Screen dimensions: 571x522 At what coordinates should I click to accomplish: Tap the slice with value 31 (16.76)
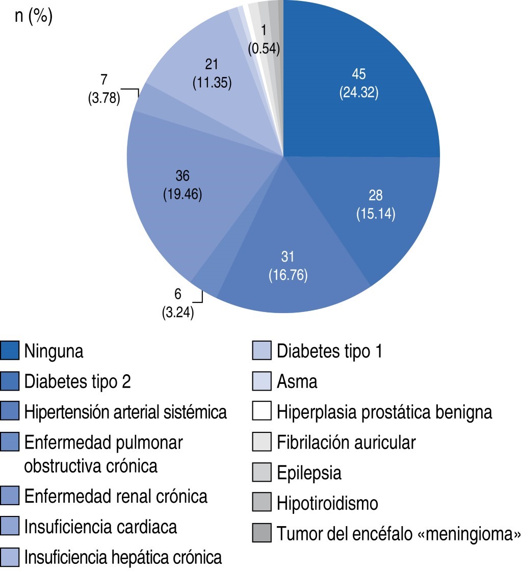coord(288,266)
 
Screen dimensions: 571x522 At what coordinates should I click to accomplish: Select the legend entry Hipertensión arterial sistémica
coord(125,412)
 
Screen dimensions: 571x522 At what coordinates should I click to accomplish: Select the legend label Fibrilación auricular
coord(346,443)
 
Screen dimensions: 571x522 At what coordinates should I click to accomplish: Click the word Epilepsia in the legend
coord(309,473)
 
